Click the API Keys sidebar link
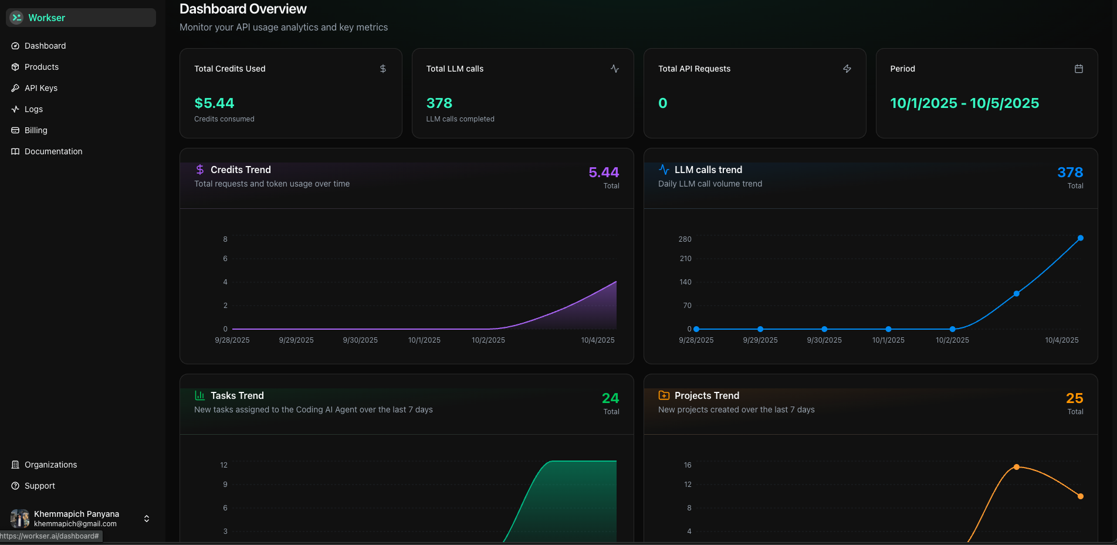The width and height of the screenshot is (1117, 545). point(40,88)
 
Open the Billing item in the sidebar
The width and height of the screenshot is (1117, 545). point(35,130)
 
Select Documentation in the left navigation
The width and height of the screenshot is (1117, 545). point(53,151)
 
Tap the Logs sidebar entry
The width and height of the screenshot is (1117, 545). point(33,109)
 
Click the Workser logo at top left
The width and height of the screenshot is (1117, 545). point(16,18)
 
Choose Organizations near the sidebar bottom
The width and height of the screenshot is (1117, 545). point(50,465)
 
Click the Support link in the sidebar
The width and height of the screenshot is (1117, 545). point(39,486)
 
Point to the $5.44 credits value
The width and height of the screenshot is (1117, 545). point(214,103)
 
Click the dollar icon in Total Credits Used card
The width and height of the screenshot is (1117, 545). point(383,69)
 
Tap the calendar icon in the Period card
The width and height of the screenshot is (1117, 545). point(1078,69)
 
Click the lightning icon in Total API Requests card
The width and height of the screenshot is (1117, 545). point(847,69)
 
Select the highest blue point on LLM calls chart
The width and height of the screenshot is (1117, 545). point(1081,238)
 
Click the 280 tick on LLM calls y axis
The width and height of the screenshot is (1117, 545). point(685,239)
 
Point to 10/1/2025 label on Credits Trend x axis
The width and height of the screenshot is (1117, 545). point(424,340)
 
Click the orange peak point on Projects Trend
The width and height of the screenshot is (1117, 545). point(1017,467)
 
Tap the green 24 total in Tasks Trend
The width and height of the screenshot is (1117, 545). point(610,398)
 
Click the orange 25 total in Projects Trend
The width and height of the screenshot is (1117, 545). point(1074,398)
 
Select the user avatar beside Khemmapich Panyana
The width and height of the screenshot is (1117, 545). point(20,519)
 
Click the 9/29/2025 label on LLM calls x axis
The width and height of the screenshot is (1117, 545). point(760,340)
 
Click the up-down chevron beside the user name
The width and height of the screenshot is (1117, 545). point(147,519)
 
